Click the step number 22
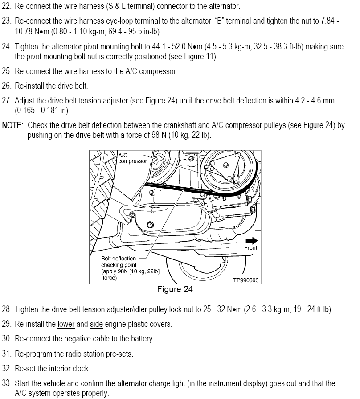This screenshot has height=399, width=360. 6,7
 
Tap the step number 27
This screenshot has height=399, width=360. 6,101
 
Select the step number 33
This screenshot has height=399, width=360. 6,384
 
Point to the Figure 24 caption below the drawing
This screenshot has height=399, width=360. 175,290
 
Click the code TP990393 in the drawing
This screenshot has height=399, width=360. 246,280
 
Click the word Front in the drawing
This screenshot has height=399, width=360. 251,247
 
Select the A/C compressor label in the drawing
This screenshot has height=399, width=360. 132,158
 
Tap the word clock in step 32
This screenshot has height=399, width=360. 81,369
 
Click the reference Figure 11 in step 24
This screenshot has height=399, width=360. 200,57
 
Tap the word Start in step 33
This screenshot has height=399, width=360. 24,384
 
